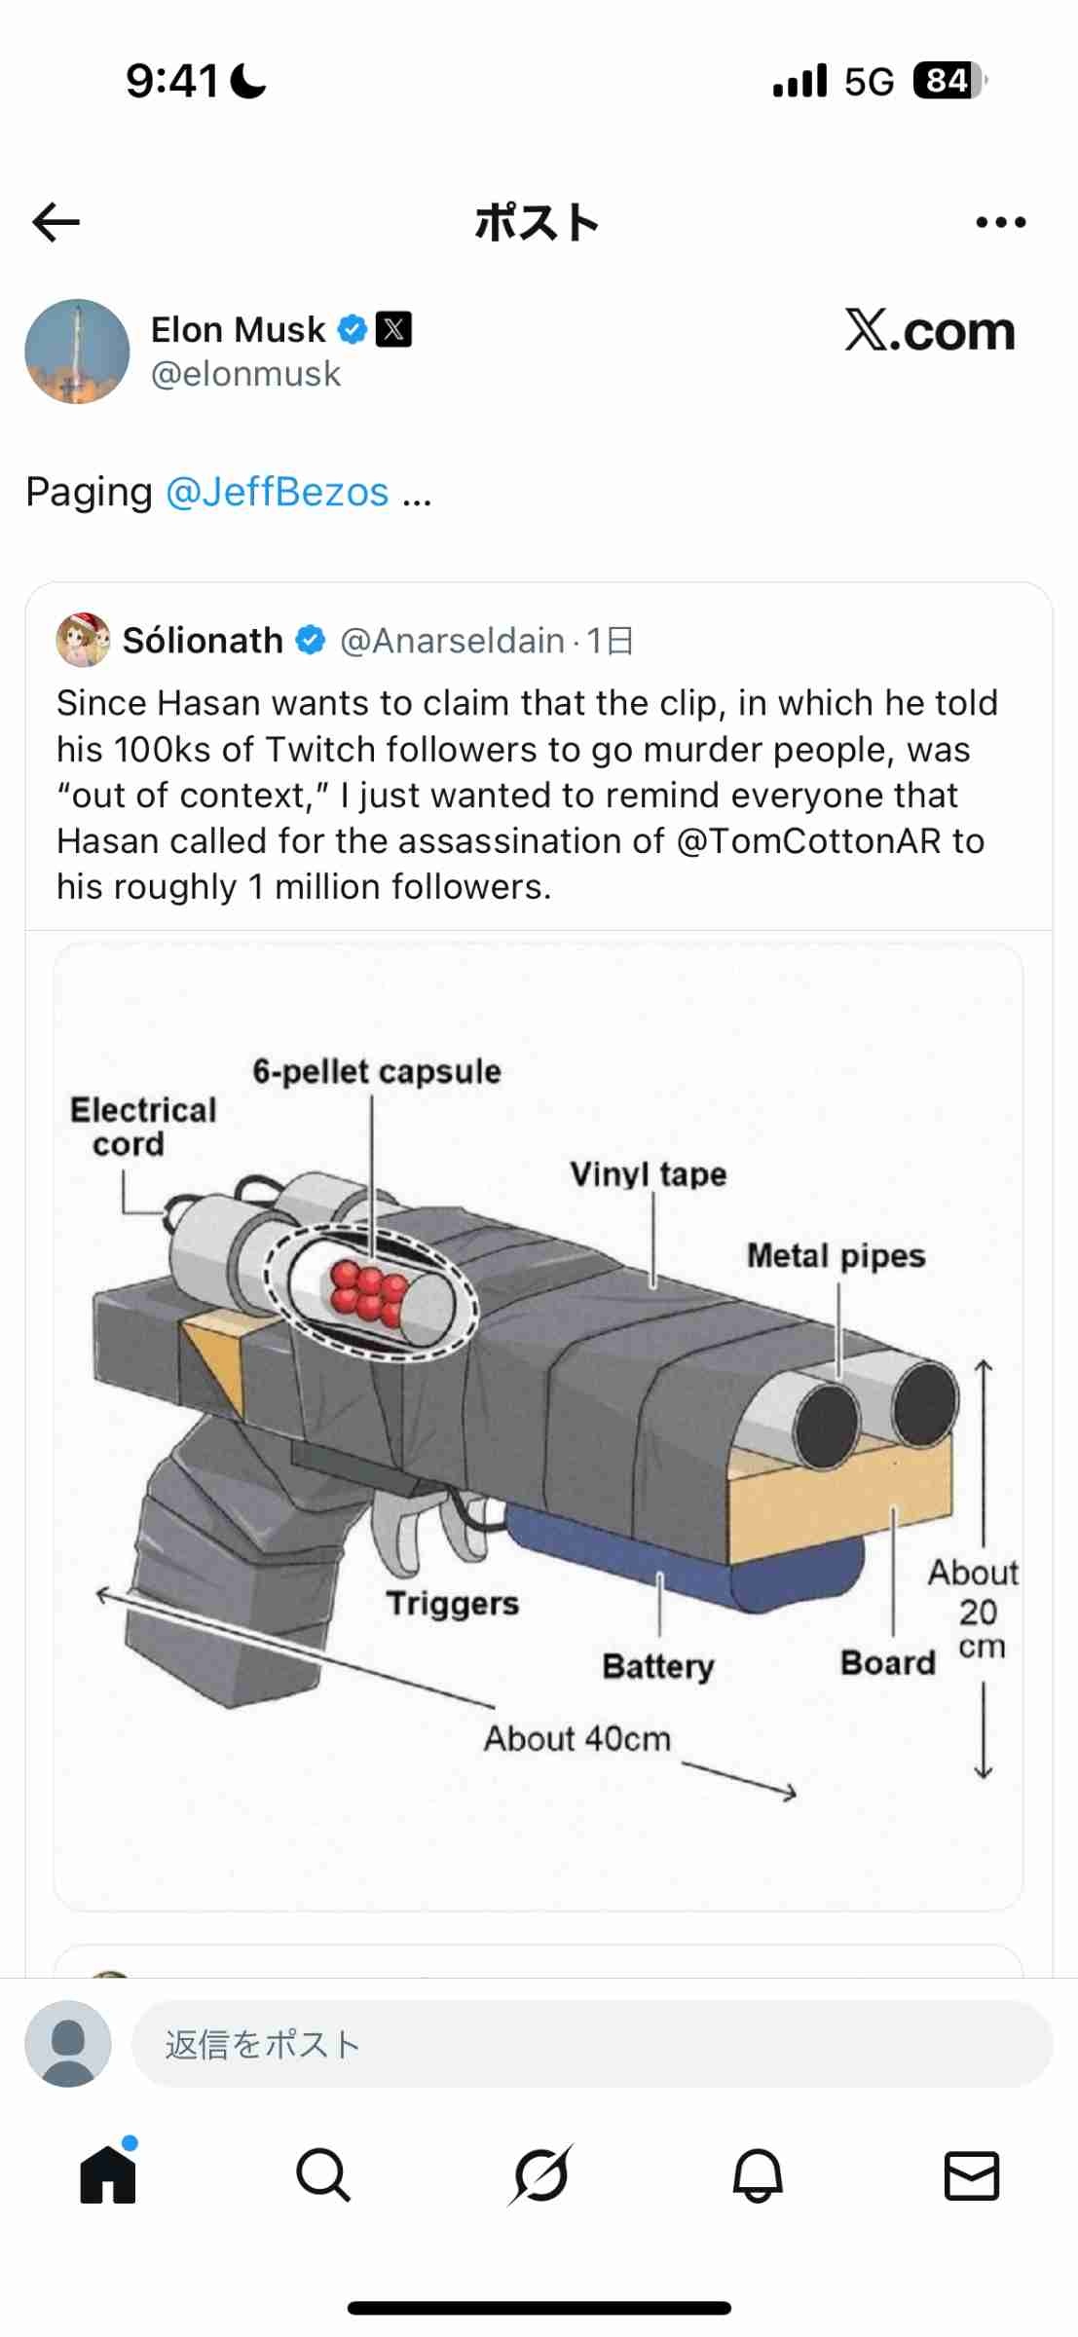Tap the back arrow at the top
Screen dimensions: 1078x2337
click(x=56, y=222)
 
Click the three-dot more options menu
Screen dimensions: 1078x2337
click(x=1001, y=222)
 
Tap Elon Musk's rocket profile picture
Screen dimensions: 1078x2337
click(x=77, y=352)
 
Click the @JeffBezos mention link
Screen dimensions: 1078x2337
click(x=278, y=492)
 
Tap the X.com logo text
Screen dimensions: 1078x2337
click(x=930, y=331)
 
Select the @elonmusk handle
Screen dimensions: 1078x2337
click(x=245, y=374)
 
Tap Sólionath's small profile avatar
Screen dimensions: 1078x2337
click(x=84, y=640)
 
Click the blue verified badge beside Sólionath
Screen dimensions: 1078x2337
click(x=311, y=641)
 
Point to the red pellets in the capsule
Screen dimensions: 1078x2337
click(x=368, y=1293)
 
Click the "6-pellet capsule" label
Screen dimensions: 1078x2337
click(x=377, y=1071)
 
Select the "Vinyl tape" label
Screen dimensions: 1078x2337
click(x=649, y=1174)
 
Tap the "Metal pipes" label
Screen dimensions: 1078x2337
click(x=836, y=1256)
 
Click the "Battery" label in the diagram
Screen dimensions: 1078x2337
click(x=658, y=1666)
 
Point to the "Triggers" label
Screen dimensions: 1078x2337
click(x=453, y=1604)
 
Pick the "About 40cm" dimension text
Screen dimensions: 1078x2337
click(x=577, y=1738)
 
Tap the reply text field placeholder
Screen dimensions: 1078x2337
click(x=263, y=2044)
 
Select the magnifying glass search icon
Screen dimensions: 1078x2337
click(x=323, y=2174)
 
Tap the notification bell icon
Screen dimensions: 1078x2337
click(x=758, y=2174)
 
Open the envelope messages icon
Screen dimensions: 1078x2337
click(x=972, y=2175)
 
